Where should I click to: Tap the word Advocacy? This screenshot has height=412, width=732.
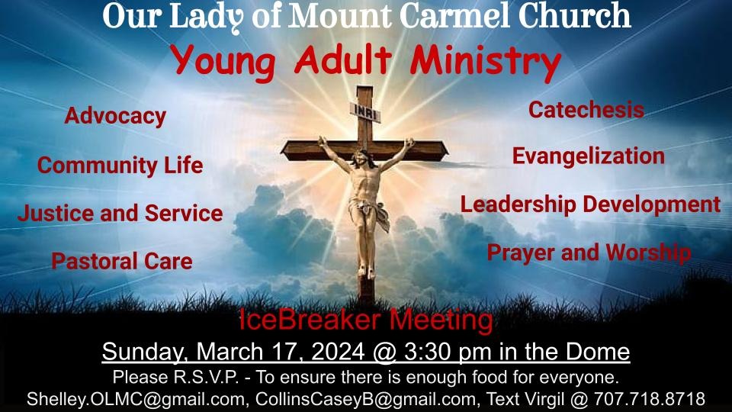pyautogui.click(x=115, y=117)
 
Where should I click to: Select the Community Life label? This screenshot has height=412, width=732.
pyautogui.click(x=120, y=165)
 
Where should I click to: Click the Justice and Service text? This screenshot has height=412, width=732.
pyautogui.click(x=120, y=214)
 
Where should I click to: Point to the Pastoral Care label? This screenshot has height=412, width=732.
pyautogui.click(x=122, y=262)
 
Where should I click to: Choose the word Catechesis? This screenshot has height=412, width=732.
pyautogui.click(x=586, y=110)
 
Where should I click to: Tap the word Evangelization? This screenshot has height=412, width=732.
pyautogui.click(x=588, y=156)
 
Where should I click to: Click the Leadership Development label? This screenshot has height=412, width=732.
pyautogui.click(x=590, y=204)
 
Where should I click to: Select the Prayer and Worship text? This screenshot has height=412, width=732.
pyautogui.click(x=589, y=252)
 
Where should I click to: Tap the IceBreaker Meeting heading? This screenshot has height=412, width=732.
pyautogui.click(x=365, y=320)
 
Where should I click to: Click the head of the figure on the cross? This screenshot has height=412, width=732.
pyautogui.click(x=360, y=159)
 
